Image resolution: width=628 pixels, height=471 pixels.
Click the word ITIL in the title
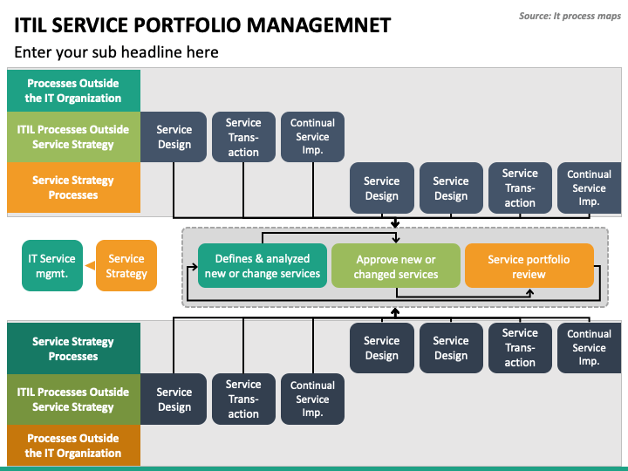(31, 25)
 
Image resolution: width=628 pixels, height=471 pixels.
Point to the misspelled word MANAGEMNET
(319, 25)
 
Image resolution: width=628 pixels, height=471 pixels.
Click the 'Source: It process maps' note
(570, 16)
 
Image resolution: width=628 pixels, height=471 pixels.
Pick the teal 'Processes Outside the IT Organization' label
(73, 91)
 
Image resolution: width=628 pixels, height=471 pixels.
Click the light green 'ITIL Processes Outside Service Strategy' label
(73, 137)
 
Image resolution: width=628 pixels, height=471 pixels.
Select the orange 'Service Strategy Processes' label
(73, 188)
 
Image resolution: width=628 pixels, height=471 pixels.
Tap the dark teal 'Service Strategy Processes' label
(73, 348)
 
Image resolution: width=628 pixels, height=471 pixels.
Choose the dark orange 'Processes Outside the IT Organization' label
(73, 446)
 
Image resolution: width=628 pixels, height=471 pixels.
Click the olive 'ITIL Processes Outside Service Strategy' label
(73, 399)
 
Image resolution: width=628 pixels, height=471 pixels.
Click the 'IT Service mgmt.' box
(52, 265)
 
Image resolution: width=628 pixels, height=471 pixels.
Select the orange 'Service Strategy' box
(126, 265)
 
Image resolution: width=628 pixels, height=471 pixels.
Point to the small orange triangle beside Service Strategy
(90, 265)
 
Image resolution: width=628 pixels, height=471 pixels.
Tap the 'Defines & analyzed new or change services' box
(263, 265)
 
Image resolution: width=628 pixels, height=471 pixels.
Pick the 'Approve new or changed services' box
(396, 265)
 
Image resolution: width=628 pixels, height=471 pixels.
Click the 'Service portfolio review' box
(529, 265)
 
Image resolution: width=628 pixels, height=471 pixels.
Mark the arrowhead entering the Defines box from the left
(195, 266)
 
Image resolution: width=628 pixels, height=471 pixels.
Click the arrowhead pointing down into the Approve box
(396, 240)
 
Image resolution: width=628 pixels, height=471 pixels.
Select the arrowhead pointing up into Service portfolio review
(529, 292)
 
